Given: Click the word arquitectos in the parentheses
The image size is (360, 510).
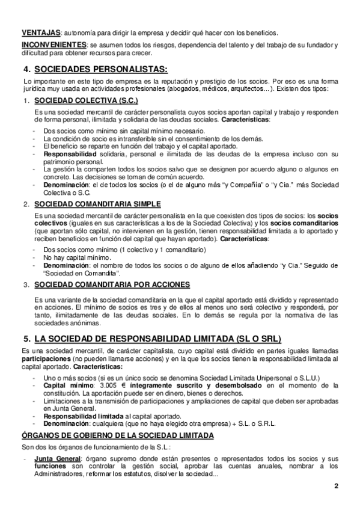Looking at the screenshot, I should point(247,88).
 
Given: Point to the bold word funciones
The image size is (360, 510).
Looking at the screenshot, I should point(50,467).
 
